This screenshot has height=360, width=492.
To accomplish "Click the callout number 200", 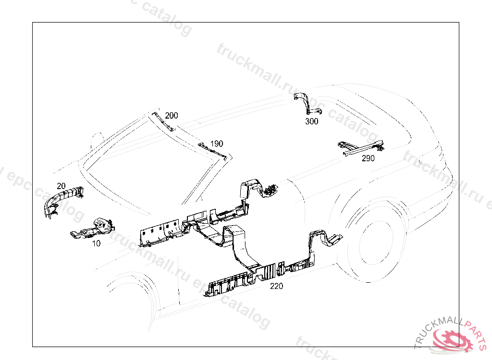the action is [x=172, y=115].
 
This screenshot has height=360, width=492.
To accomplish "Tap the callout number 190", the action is [x=217, y=144].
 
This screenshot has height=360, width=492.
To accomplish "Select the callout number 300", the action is [x=311, y=121].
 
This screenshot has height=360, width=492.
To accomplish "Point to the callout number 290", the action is [x=368, y=158].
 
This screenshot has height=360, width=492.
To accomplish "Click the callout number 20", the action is [x=61, y=186].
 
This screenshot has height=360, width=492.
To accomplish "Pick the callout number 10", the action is [x=96, y=243].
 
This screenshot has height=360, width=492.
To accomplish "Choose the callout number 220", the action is [x=276, y=286].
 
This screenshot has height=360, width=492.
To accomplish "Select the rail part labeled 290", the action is [x=361, y=148].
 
